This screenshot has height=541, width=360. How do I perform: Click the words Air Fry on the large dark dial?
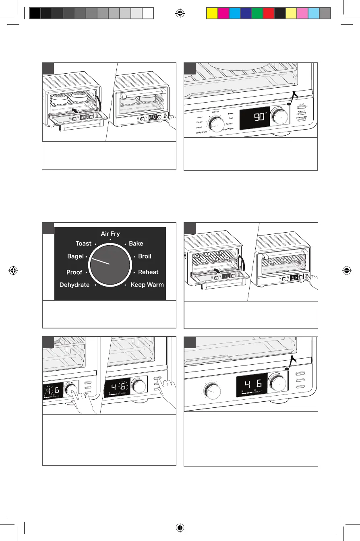pyautogui.click(x=110, y=234)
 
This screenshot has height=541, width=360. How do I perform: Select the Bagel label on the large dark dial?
pyautogui.click(x=75, y=256)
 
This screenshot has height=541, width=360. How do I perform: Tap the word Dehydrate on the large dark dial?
pyautogui.click(x=74, y=285)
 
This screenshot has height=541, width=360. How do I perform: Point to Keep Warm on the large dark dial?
pyautogui.click(x=147, y=285)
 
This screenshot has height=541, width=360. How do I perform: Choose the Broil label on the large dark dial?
pyautogui.click(x=145, y=256)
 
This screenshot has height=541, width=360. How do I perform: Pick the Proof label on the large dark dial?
pyautogui.click(x=74, y=273)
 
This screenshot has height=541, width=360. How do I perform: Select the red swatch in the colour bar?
pyautogui.click(x=268, y=13)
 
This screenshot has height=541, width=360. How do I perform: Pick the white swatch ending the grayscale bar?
pyautogui.click(x=148, y=13)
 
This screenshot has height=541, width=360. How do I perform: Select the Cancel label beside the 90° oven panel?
pyautogui.click(x=302, y=111)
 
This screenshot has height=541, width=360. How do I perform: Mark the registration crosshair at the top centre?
pyautogui.click(x=180, y=13)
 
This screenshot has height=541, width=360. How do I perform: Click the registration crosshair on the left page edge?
pyautogui.click(x=14, y=270)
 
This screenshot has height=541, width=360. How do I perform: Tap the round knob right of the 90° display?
pyautogui.click(x=279, y=116)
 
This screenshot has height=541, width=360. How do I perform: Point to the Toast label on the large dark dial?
pyautogui.click(x=83, y=244)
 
